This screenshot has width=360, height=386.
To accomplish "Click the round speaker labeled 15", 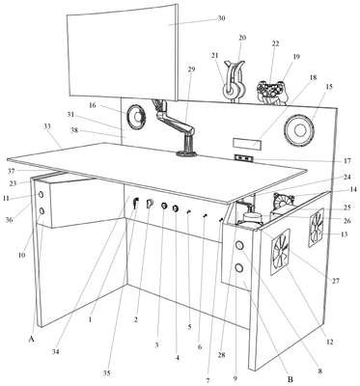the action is tap(299, 130).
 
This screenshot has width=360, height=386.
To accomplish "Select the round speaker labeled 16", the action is tap(136, 117).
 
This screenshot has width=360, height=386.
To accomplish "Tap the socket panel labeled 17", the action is tap(244, 158).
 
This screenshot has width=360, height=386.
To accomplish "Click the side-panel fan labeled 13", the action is tap(317, 228).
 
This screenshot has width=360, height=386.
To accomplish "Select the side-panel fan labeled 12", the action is tap(280, 252).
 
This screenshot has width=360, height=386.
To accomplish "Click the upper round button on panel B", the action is tap(239, 246).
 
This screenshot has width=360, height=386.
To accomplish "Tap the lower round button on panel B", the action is tap(239, 267).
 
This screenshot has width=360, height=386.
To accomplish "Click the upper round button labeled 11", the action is tap(42, 195).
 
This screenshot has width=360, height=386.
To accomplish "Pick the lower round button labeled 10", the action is tap(42, 211).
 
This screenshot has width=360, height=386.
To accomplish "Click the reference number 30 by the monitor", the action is tap(221, 18).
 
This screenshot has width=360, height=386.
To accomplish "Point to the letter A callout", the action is tap(31, 339).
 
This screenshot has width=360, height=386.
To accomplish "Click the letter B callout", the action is tap(290, 379).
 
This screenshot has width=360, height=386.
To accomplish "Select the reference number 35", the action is tap(107, 373).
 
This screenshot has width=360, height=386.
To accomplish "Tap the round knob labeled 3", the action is tap(164, 206).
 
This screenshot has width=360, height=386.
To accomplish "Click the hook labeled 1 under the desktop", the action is tap(136, 204).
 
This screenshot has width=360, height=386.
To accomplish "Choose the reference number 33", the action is tap(47, 126).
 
